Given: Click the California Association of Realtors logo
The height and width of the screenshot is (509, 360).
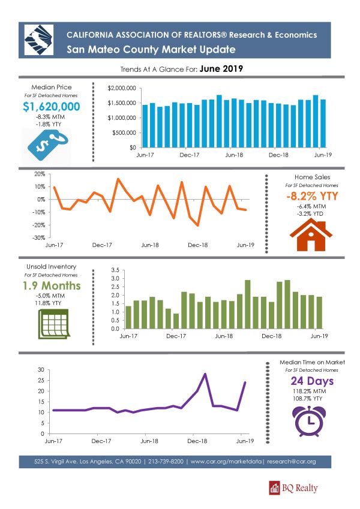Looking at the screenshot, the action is tap(38, 40).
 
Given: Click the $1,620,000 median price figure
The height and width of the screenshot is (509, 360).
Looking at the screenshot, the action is tap(52, 107).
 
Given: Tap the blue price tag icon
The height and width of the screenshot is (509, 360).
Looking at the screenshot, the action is tap(48, 144).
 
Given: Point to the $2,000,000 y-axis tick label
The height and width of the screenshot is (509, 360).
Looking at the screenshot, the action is tap(122, 88).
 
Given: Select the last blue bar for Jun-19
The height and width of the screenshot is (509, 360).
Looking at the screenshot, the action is tap(323, 124).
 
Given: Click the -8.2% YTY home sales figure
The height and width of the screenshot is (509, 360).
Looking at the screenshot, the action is tap(312, 196).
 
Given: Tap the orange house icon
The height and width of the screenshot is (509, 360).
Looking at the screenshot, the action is tap(311, 234).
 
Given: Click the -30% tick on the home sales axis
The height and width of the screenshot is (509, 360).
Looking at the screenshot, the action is tap(39, 237).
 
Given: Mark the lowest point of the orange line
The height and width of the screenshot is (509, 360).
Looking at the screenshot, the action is tap(198, 225).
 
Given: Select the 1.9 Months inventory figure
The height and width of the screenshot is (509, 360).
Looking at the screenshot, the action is tap(52, 285).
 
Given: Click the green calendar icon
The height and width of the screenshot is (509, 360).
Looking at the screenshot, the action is tap(54, 324).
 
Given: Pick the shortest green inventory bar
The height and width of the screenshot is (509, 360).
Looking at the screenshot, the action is tap(176, 321).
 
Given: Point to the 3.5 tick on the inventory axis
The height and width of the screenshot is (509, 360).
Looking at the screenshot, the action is tap(115, 270).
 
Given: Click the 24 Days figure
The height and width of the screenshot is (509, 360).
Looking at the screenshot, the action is tap(312, 381).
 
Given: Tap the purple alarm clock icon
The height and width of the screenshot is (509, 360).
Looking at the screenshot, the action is tap(309, 421).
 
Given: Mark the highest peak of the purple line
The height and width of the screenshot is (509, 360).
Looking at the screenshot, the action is tap(205, 374).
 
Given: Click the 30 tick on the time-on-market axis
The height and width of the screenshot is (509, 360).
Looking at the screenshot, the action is tap(41, 370).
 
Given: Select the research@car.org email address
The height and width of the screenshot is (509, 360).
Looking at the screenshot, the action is tap(292, 461).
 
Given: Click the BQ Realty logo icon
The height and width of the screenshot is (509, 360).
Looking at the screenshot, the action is tap(275, 488).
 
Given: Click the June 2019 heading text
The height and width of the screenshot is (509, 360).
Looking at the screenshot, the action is tap(221, 68).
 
